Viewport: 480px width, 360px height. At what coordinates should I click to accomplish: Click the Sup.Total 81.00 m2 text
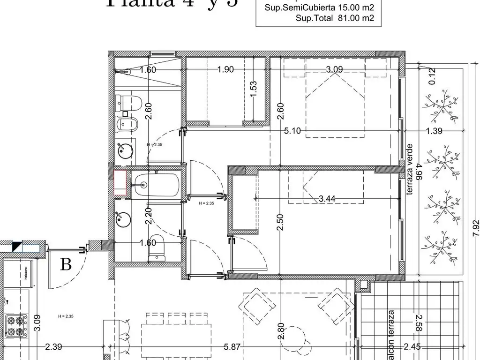335,18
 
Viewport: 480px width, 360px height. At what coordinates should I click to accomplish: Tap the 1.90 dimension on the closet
225,70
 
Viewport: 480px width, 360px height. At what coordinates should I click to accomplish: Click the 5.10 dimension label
292,131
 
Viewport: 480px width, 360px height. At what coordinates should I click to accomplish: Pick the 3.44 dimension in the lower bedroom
327,199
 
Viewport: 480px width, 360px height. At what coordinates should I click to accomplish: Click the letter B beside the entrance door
66,265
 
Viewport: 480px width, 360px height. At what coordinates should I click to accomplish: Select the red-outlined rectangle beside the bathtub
120,182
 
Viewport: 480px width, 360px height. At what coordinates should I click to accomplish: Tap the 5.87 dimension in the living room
232,347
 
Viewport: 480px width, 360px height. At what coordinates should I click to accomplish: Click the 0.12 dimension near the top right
432,75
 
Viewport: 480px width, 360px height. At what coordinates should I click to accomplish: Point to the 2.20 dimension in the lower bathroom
149,216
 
